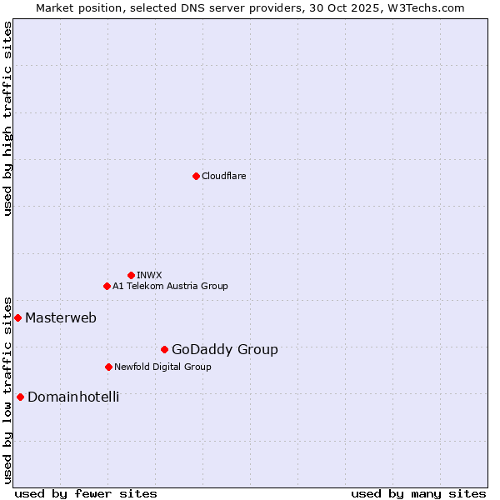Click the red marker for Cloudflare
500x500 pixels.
196,176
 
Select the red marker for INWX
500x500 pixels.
131,275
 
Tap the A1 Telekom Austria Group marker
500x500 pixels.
107,286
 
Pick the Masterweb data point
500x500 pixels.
17,317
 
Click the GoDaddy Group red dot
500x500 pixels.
164,349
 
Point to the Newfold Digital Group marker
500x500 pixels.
108,367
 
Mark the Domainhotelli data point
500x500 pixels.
20,397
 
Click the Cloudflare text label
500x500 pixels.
224,176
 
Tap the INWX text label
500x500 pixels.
149,275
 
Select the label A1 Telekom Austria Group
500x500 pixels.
170,286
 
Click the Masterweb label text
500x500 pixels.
61,317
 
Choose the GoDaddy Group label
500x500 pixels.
225,350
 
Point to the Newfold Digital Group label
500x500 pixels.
162,367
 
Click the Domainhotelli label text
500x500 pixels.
73,397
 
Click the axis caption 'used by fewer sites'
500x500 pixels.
86,493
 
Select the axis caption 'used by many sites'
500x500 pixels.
418,493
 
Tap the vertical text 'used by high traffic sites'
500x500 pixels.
8,118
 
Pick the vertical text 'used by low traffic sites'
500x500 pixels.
8,389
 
